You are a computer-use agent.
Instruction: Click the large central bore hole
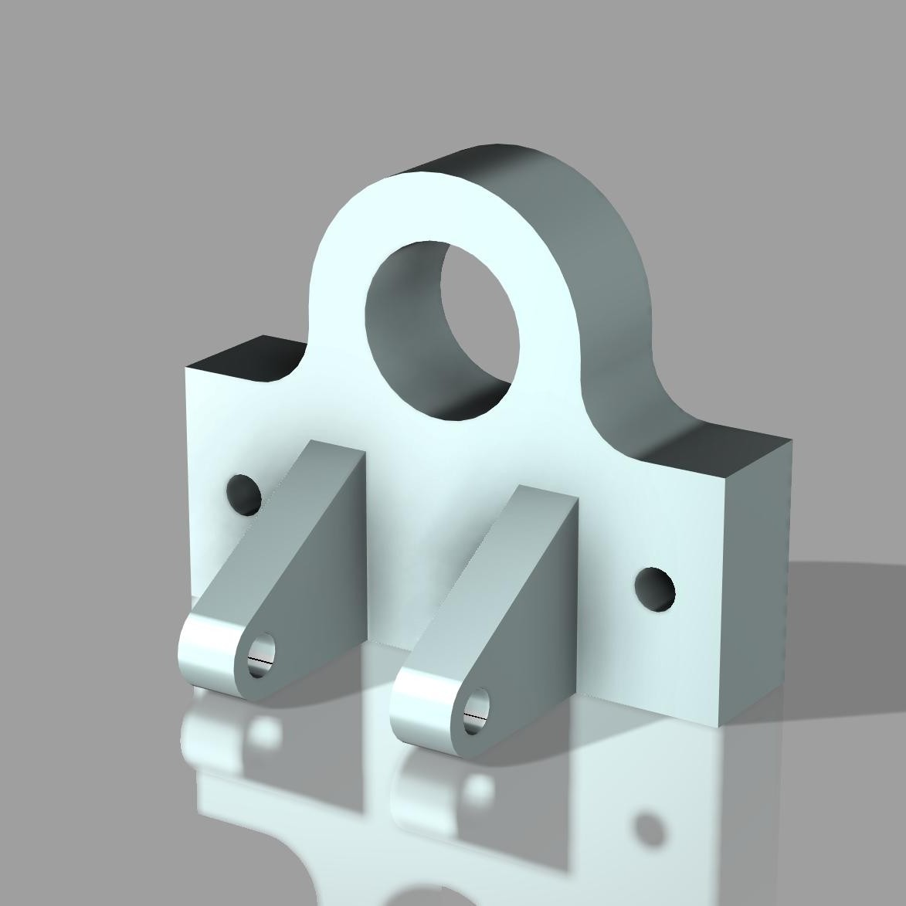[442, 332]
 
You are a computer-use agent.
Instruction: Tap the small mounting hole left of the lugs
[243, 494]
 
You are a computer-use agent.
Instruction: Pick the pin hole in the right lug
[477, 711]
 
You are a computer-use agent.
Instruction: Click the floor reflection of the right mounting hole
[649, 830]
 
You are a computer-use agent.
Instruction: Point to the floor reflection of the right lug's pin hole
[481, 788]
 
